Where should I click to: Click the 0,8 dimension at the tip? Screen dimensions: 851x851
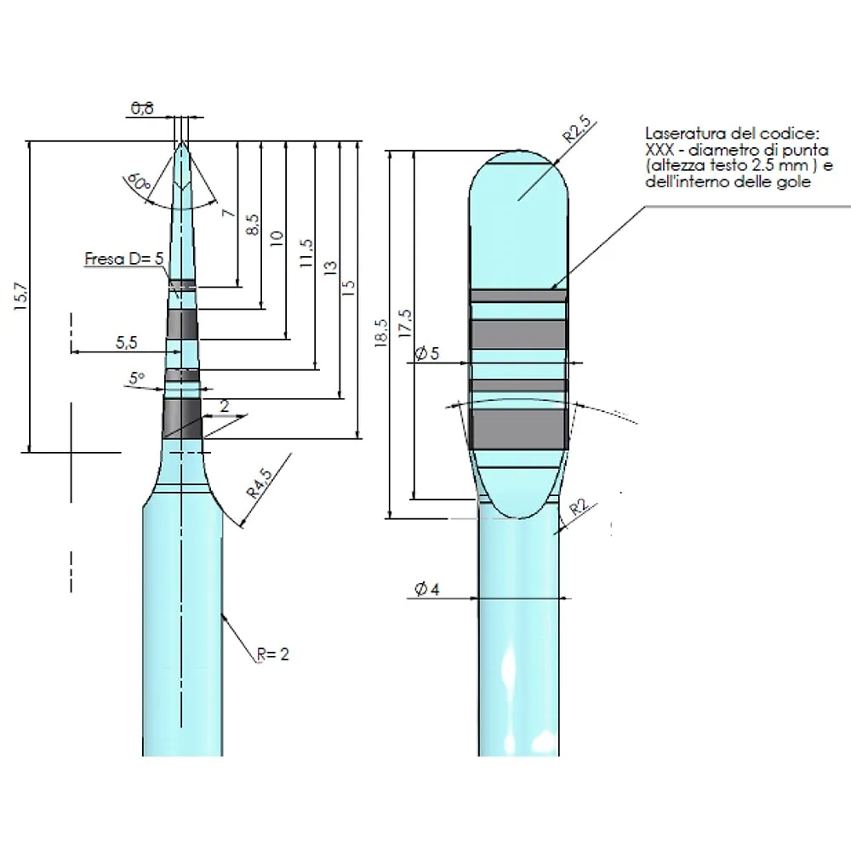pyautogui.click(x=142, y=108)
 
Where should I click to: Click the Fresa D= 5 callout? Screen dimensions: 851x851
pyautogui.click(x=124, y=259)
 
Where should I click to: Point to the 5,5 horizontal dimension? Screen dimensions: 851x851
pyautogui.click(x=125, y=342)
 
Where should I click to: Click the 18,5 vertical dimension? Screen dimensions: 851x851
pyautogui.click(x=380, y=334)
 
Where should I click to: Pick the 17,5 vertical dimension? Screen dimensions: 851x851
pyautogui.click(x=405, y=323)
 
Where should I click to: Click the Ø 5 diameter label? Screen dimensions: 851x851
pyautogui.click(x=426, y=354)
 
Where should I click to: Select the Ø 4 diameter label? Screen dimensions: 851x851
pyautogui.click(x=426, y=590)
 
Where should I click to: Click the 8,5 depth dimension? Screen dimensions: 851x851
pyautogui.click(x=252, y=225)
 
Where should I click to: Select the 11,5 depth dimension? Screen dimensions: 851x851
pyautogui.click(x=306, y=254)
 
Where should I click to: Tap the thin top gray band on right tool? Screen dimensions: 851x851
pyautogui.click(x=518, y=294)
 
